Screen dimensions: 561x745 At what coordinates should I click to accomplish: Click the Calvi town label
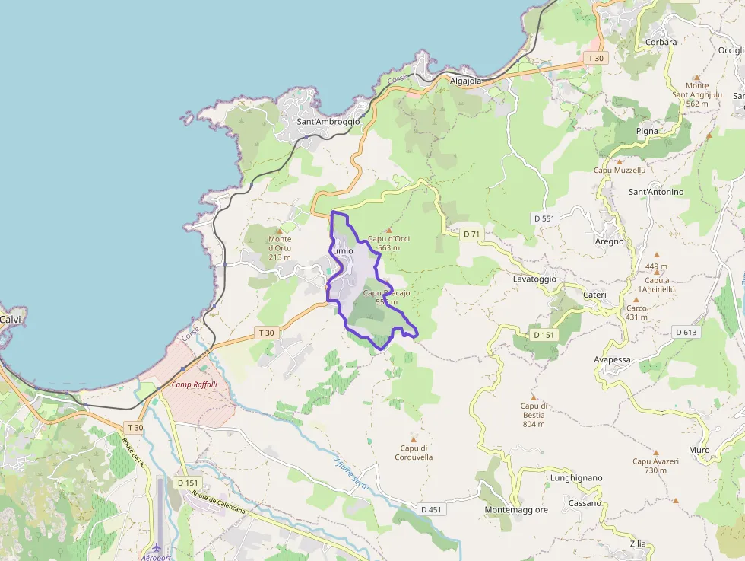click(x=10, y=320)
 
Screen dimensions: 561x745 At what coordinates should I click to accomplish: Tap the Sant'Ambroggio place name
click(x=328, y=121)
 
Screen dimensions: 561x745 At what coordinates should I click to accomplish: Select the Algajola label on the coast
click(x=466, y=81)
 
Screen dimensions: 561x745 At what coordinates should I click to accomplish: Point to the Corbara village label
click(x=660, y=43)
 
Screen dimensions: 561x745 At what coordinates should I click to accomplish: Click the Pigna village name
click(x=647, y=131)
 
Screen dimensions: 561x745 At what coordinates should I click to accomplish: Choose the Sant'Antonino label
click(x=655, y=192)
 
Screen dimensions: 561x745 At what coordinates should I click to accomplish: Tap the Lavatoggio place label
click(x=534, y=279)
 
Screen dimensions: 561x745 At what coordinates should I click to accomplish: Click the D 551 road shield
click(x=545, y=218)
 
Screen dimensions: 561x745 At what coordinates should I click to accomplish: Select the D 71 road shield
click(x=472, y=234)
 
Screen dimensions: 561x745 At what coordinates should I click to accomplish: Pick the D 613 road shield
click(x=686, y=332)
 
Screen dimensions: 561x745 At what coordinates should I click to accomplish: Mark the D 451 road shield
click(x=430, y=509)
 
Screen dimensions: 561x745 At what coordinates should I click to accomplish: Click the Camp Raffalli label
click(x=194, y=384)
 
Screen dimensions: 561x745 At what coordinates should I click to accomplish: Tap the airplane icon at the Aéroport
click(x=156, y=547)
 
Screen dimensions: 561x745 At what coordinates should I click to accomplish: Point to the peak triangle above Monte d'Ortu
click(x=279, y=229)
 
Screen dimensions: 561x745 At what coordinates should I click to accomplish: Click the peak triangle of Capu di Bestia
click(x=534, y=397)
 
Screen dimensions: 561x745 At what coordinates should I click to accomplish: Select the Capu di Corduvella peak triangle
click(x=414, y=439)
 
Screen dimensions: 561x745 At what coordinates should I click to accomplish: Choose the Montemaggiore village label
click(x=516, y=510)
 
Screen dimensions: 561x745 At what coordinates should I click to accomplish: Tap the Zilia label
click(x=638, y=544)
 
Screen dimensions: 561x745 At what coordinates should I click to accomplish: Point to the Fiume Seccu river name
click(x=351, y=473)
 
